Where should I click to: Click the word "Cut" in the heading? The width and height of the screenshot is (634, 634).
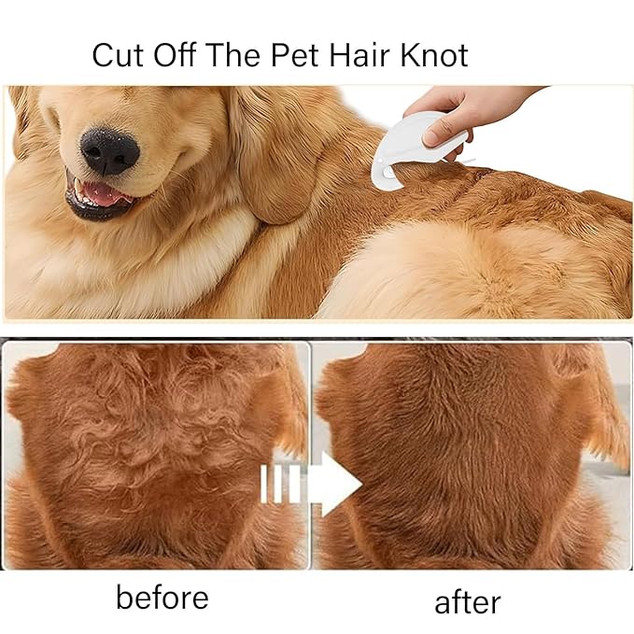coord(118,55)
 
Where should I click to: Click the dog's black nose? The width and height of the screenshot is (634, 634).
coord(109,149)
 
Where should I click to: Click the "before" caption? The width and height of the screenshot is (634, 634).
coord(162,598)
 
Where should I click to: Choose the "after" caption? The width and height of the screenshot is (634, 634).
coord(467,601)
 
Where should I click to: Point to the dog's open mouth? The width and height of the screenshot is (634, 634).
coord(98,196)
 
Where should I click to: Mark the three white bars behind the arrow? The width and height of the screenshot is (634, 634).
coord(280,484)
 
